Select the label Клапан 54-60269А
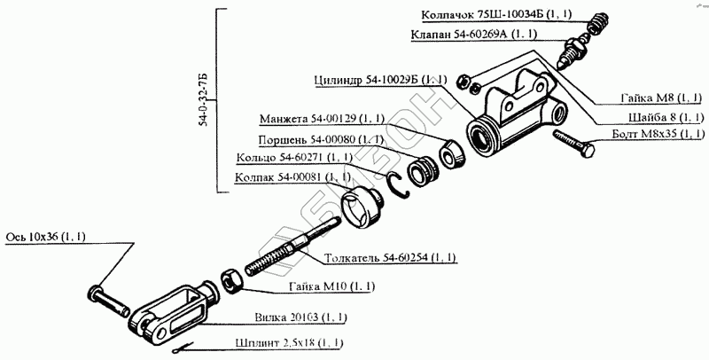pos(487,35)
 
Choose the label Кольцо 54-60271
pos(294,158)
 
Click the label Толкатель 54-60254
pos(391,258)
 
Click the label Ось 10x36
pos(52,237)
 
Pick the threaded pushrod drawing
pos(284,252)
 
